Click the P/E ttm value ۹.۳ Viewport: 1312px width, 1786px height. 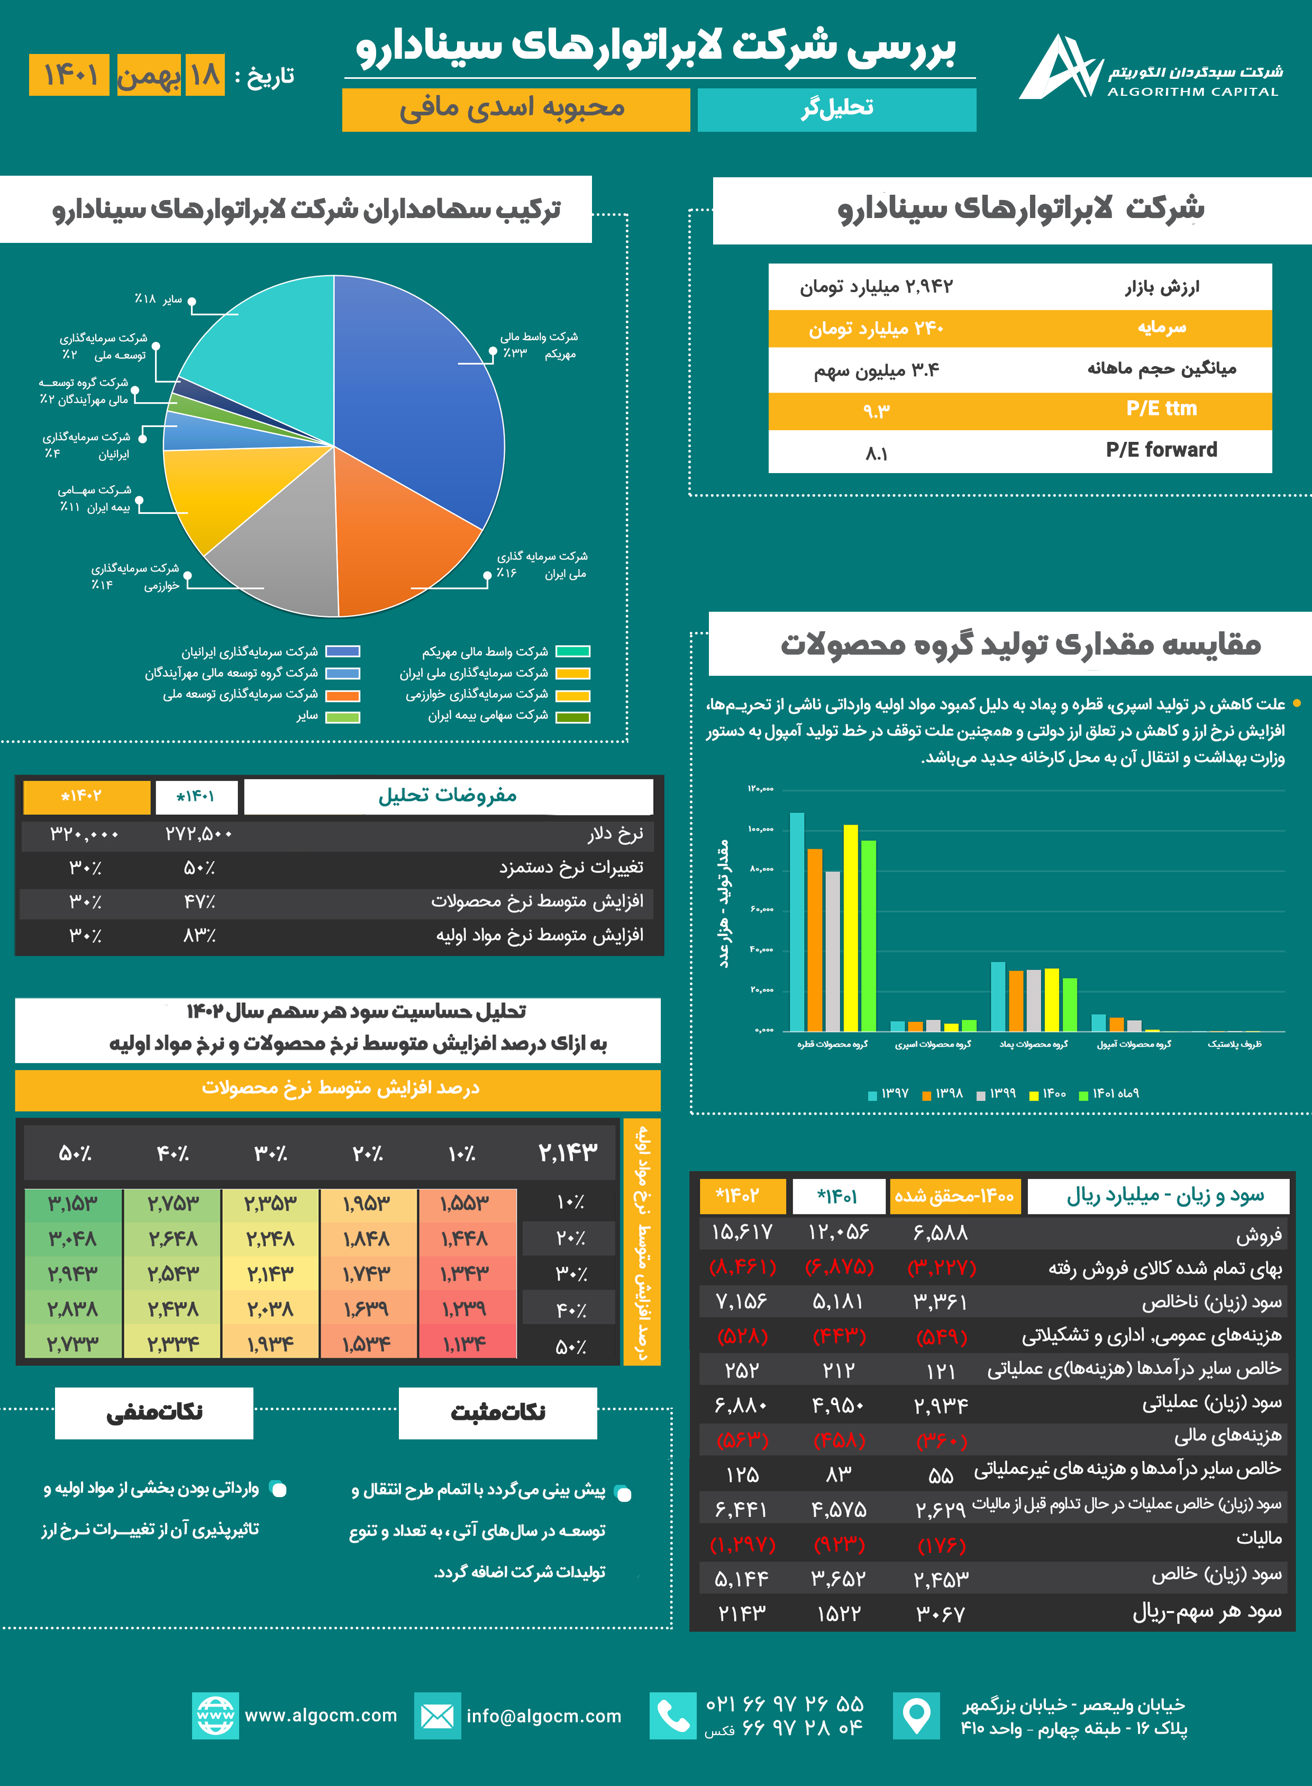tap(876, 411)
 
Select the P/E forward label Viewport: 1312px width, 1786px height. tap(1161, 450)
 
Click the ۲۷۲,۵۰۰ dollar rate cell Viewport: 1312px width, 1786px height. tap(198, 834)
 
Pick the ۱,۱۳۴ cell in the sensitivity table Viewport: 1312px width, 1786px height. tap(466, 1344)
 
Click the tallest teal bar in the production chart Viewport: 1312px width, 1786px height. tap(797, 922)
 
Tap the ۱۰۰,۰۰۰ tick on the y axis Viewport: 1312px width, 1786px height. tap(761, 829)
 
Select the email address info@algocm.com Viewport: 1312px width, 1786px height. tap(544, 1716)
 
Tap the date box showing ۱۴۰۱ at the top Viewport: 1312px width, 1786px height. tap(69, 76)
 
